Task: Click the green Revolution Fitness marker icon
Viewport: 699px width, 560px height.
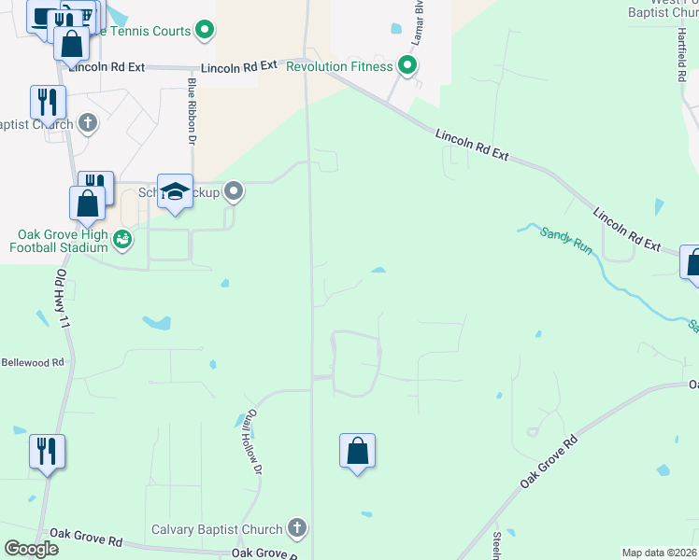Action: (x=407, y=65)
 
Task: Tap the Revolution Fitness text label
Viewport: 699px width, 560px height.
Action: (x=340, y=65)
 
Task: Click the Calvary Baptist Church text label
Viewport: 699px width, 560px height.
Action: (x=222, y=529)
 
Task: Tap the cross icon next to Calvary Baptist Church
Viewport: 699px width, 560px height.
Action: (x=297, y=529)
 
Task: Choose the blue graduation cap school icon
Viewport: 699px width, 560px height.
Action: (x=175, y=191)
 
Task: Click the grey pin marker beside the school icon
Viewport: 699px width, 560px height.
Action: (x=234, y=192)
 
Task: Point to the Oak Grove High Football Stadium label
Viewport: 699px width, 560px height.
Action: (x=58, y=241)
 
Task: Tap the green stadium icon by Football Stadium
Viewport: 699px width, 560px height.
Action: (x=122, y=241)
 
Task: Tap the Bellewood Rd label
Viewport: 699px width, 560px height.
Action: (x=32, y=362)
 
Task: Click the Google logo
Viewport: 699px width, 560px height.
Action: (x=32, y=548)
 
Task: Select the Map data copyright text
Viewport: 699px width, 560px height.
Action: (x=659, y=553)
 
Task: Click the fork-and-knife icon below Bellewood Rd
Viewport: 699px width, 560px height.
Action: (x=46, y=452)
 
